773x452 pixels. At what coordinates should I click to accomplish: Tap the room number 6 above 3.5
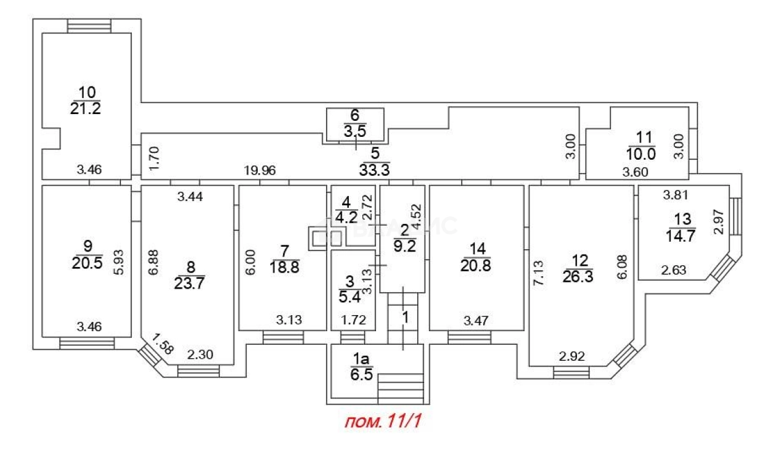pyautogui.click(x=354, y=115)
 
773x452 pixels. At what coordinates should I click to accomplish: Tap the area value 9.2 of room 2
pyautogui.click(x=404, y=242)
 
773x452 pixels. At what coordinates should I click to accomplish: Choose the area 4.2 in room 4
pyautogui.click(x=347, y=217)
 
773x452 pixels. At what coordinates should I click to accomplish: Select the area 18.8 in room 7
pyautogui.click(x=284, y=266)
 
